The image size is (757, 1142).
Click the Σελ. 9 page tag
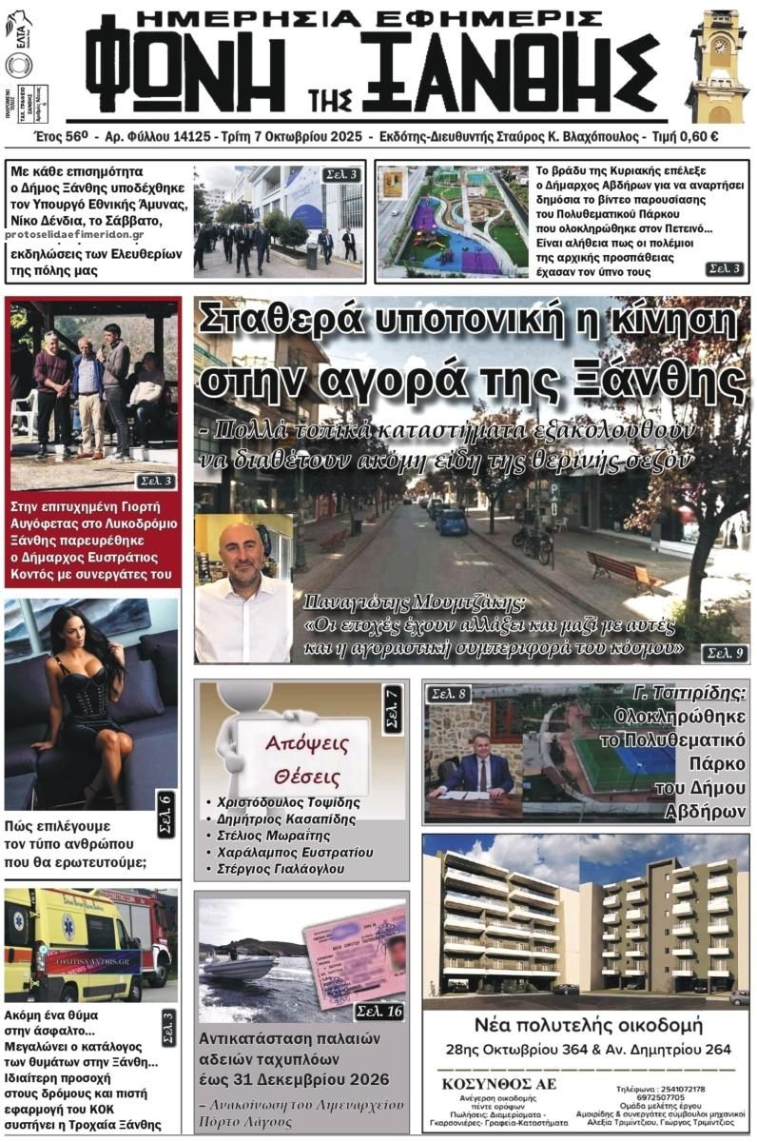(x=724, y=653)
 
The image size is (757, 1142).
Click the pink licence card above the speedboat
(x=356, y=954)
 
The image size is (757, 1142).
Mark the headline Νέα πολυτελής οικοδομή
(x=587, y=1027)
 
